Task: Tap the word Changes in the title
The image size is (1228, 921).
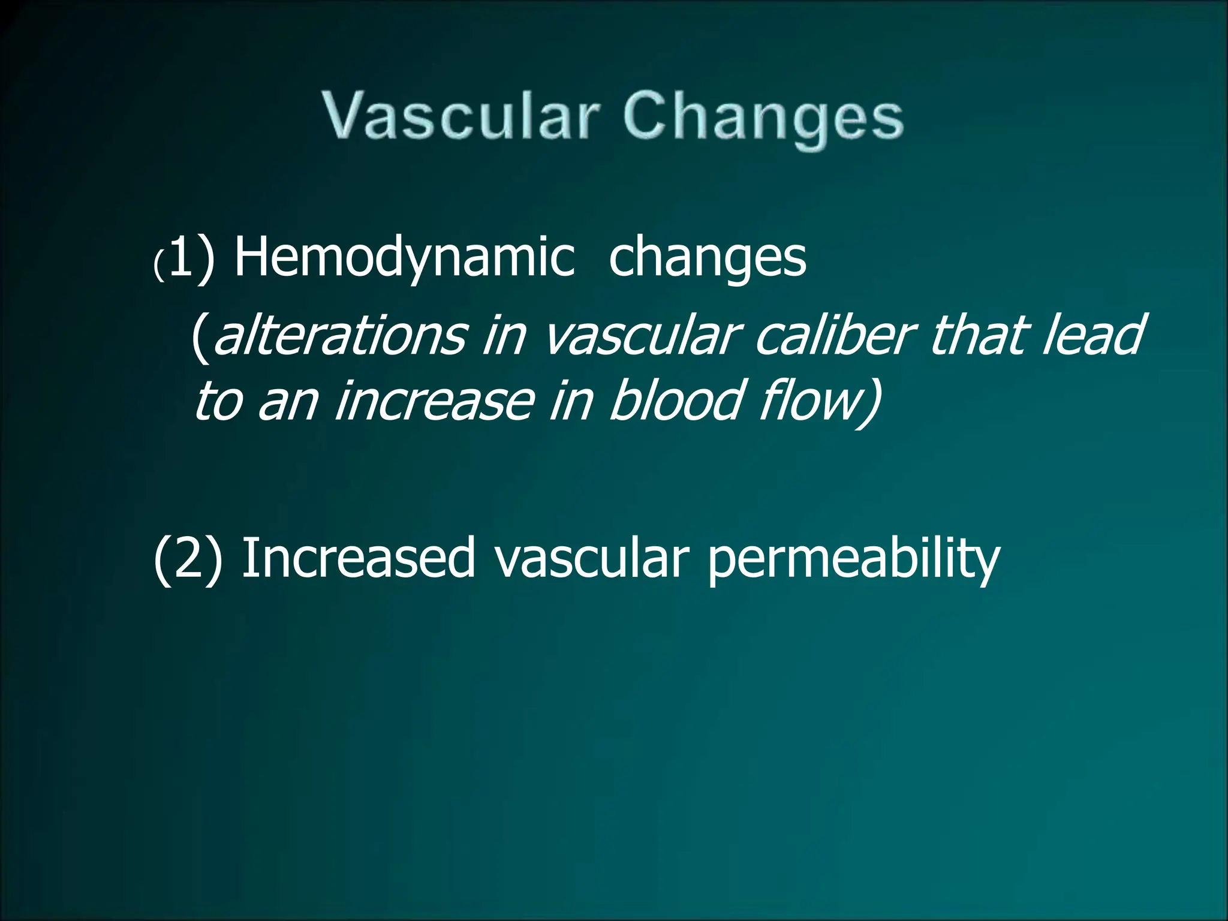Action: [763, 118]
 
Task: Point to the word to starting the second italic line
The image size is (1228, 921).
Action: [218, 402]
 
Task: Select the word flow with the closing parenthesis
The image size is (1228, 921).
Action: [821, 402]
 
